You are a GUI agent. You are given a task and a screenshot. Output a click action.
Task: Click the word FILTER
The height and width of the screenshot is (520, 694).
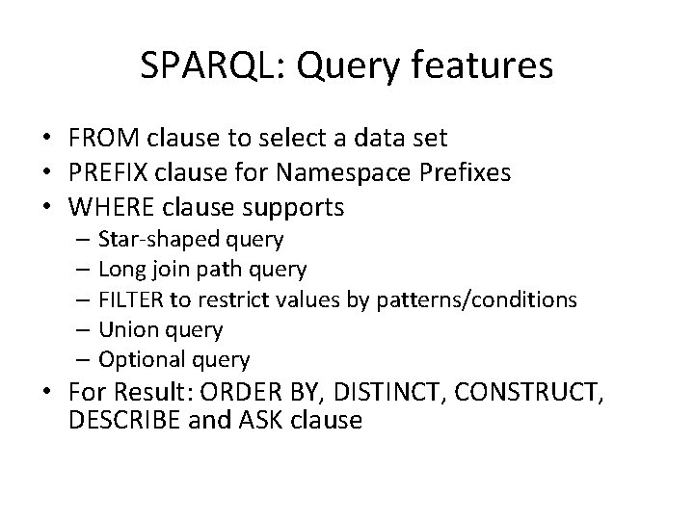128,299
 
